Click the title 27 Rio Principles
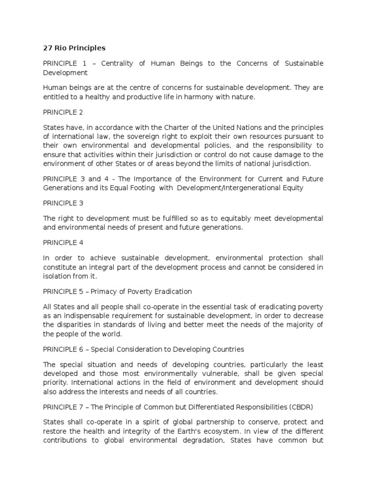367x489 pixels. pyautogui.click(x=74, y=48)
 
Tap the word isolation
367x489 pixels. pyautogui.click(x=56, y=276)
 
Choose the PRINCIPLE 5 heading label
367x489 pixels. pyautogui.click(x=63, y=291)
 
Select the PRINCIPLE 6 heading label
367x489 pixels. pyautogui.click(x=63, y=349)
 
